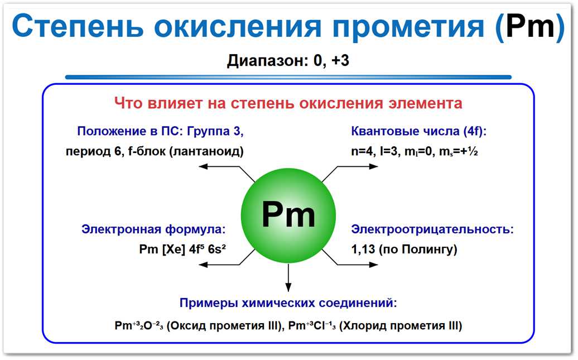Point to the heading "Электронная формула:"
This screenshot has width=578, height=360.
coord(154,229)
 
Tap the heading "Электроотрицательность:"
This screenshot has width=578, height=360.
coord(432,229)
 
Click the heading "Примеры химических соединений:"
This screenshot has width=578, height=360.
coord(288,303)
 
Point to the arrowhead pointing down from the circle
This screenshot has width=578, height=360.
coord(288,286)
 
